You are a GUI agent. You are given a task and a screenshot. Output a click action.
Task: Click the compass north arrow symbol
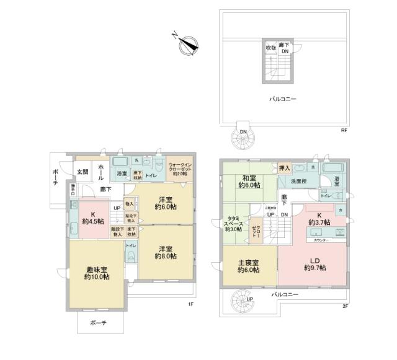click(187, 43)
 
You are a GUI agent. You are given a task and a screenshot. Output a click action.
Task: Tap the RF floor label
click(343, 130)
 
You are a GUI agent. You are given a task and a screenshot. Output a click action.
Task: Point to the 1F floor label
click(191, 305)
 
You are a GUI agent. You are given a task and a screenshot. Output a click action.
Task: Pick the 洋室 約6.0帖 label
click(164, 204)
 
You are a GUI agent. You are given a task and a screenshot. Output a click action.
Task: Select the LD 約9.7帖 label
click(314, 263)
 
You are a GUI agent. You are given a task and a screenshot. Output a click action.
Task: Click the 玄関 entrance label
click(82, 172)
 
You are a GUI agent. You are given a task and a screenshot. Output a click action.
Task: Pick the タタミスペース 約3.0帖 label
click(234, 223)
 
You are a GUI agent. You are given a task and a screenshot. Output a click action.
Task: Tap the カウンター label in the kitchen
click(321, 239)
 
